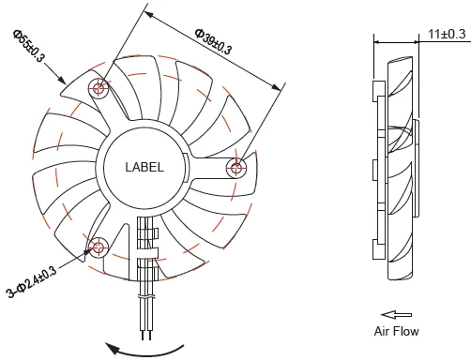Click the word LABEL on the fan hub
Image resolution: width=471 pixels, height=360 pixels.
(144, 167)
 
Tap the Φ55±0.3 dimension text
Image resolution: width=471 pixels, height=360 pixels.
(29, 46)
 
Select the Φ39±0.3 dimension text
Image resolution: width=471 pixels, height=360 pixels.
(213, 41)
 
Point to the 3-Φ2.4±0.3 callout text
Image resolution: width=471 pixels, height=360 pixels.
(32, 281)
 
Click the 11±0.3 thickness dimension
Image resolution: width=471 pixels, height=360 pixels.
(447, 34)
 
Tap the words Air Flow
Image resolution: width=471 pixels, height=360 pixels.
(396, 331)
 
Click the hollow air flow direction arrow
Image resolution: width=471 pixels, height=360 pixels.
(396, 315)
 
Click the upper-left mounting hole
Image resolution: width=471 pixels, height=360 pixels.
(99, 88)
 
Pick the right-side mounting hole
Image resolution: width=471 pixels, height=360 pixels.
(236, 168)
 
